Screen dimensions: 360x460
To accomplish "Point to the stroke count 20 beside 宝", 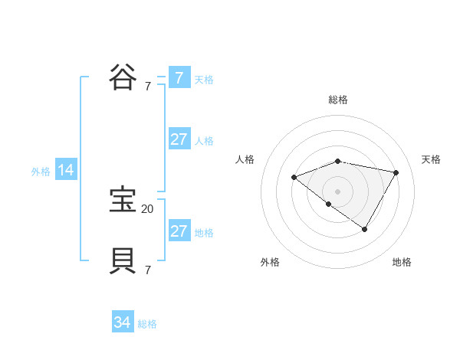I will (x=147, y=208).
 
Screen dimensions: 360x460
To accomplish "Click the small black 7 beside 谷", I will (x=148, y=87).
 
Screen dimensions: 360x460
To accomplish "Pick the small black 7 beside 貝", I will (x=148, y=270).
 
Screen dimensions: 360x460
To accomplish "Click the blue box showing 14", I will (x=66, y=171).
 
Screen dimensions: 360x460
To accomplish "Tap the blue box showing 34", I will (x=123, y=323).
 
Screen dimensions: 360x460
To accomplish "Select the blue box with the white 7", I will (x=179, y=78).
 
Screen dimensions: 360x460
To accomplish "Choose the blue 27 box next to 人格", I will (x=179, y=139).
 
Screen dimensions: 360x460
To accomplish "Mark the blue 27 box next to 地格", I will (x=179, y=231).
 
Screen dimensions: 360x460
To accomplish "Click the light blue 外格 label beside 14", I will (x=41, y=172).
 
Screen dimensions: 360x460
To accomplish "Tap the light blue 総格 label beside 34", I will (x=147, y=324).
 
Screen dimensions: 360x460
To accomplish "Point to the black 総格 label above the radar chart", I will (x=337, y=100).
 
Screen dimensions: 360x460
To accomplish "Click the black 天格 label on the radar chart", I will (x=431, y=159).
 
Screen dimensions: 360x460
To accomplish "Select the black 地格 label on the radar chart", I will (x=402, y=262).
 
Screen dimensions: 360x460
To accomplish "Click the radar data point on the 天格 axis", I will (x=396, y=172).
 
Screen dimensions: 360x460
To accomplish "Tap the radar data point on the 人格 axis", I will (x=294, y=178).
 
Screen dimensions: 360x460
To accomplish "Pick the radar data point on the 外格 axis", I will (x=329, y=204).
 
